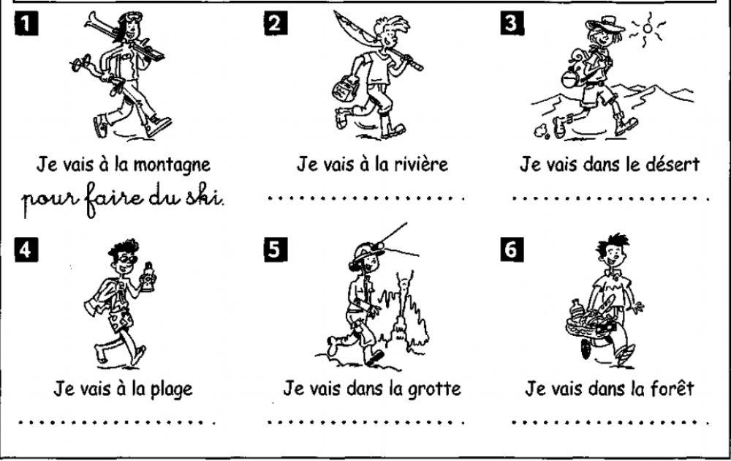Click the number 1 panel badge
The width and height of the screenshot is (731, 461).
24,23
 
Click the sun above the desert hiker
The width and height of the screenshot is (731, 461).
650,30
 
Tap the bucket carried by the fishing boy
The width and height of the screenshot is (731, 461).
343,89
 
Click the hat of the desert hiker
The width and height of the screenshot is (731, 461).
605,26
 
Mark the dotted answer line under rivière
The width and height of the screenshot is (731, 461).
365,198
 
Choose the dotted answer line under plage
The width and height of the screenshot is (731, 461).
117,422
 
